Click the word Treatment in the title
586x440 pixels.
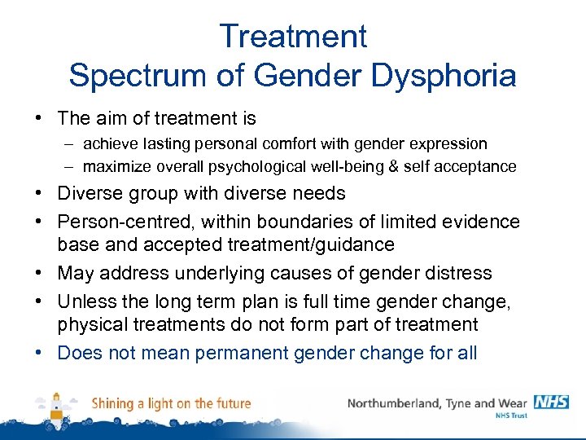click(x=293, y=37)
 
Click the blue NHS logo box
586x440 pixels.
click(x=551, y=402)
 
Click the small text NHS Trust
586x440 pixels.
click(x=511, y=416)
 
